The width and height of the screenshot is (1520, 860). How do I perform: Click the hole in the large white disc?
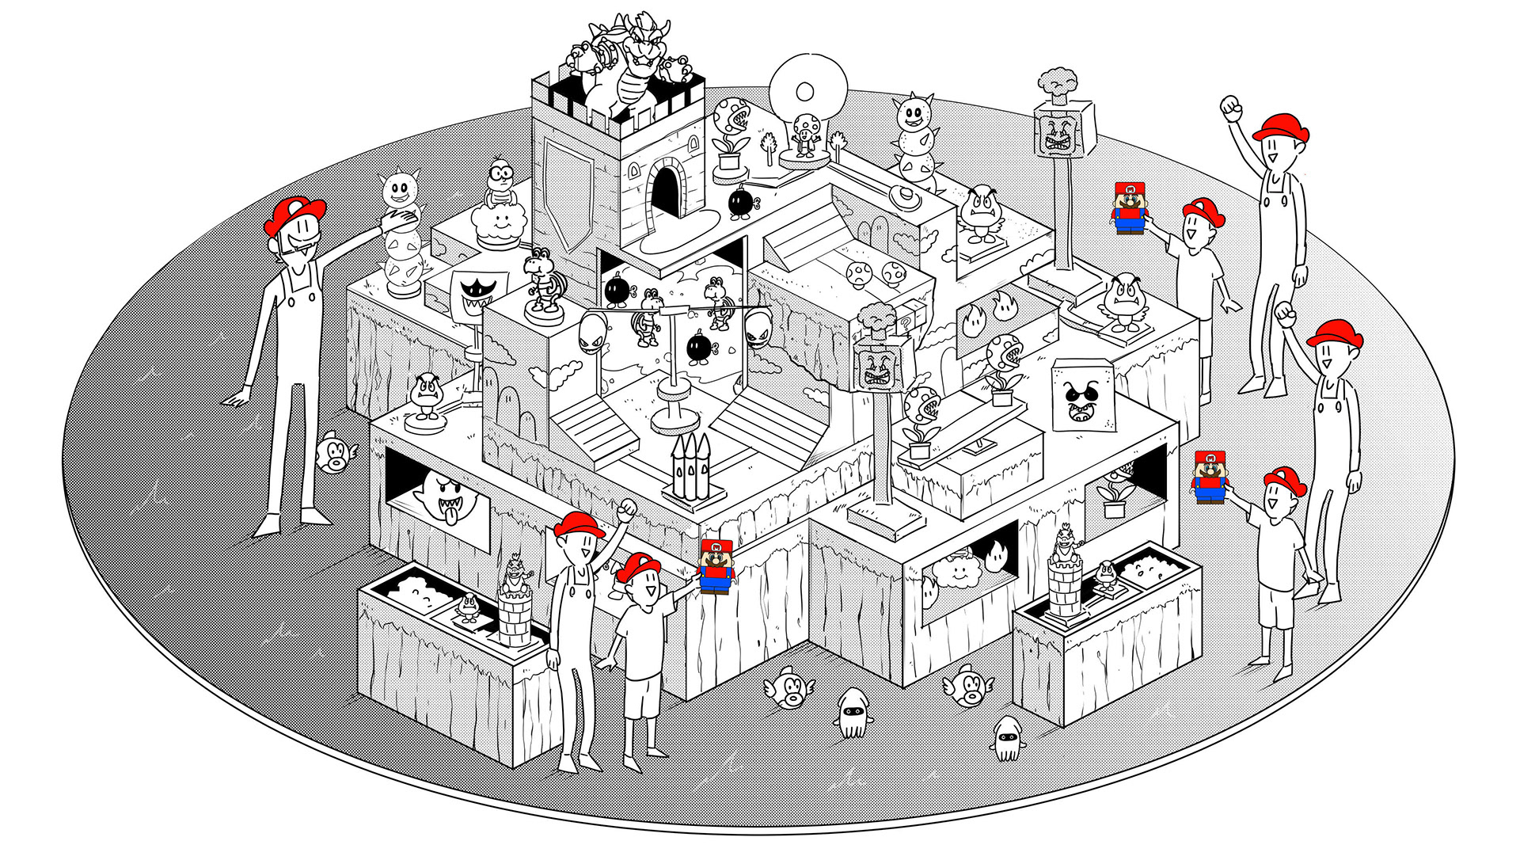804,92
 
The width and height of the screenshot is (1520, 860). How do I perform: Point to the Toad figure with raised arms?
806,134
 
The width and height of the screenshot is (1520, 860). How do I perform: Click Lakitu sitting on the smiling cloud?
500,182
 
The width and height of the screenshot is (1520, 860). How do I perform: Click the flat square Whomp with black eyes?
1084,395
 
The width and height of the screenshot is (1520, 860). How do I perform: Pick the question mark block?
905,324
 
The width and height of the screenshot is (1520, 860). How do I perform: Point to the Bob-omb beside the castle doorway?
741,203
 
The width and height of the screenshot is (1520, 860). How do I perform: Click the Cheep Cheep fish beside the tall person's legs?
335,454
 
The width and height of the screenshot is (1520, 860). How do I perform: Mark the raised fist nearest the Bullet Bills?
628,508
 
